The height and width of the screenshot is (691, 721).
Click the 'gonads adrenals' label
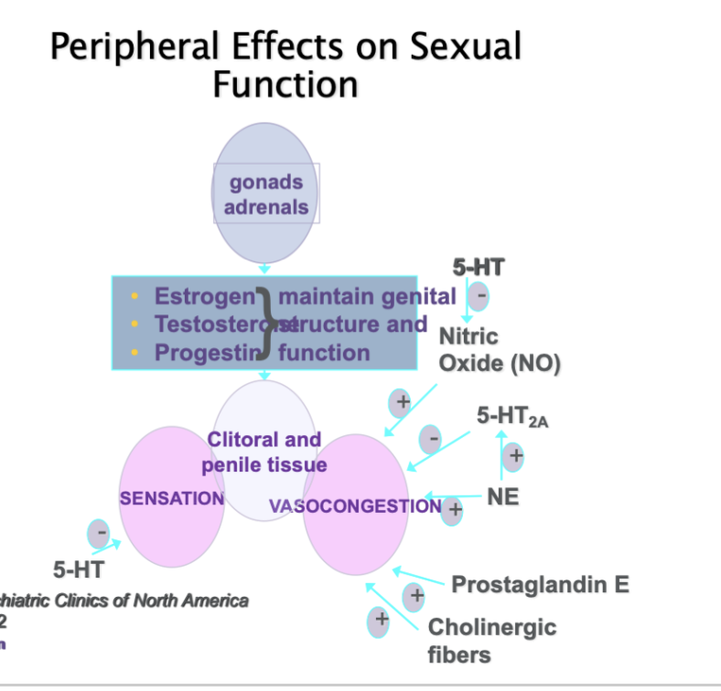tap(266, 194)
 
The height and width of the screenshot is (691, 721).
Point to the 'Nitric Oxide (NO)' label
tap(499, 350)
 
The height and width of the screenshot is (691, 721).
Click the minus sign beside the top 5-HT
tap(478, 296)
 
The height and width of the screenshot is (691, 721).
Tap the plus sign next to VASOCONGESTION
tap(452, 510)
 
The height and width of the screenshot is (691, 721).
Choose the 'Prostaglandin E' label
tap(540, 584)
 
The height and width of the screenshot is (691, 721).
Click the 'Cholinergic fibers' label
tap(491, 641)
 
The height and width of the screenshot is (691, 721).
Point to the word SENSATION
tap(172, 498)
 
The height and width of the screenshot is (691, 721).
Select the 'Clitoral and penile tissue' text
tap(264, 452)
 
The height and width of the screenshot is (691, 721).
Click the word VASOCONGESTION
tap(355, 505)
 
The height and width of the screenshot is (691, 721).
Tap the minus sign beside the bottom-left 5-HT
tap(99, 532)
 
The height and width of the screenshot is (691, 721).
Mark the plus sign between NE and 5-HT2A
tap(513, 454)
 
